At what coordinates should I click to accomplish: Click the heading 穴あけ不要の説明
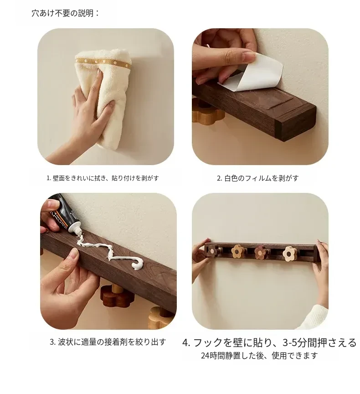(65, 13)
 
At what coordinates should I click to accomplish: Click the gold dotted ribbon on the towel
(103, 63)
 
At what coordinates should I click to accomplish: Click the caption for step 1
(103, 178)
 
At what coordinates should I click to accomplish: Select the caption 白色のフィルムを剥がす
(258, 178)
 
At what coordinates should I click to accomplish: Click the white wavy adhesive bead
(110, 251)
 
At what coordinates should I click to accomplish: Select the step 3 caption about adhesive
(108, 342)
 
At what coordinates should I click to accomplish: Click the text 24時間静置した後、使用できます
(259, 356)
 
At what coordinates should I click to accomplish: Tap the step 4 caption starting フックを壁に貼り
(269, 342)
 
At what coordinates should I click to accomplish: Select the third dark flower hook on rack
(261, 252)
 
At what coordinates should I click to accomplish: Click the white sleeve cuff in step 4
(315, 316)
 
